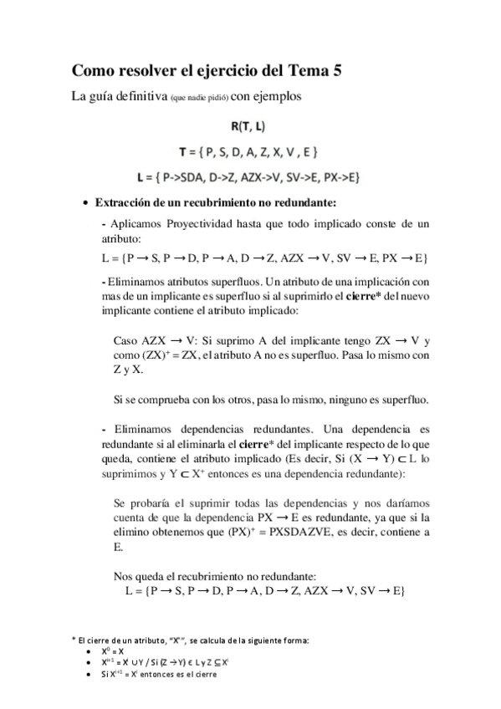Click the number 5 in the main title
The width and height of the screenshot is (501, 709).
335,71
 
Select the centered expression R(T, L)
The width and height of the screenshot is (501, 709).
250,126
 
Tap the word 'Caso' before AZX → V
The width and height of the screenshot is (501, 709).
125,340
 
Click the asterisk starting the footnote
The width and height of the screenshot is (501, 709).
74,639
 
